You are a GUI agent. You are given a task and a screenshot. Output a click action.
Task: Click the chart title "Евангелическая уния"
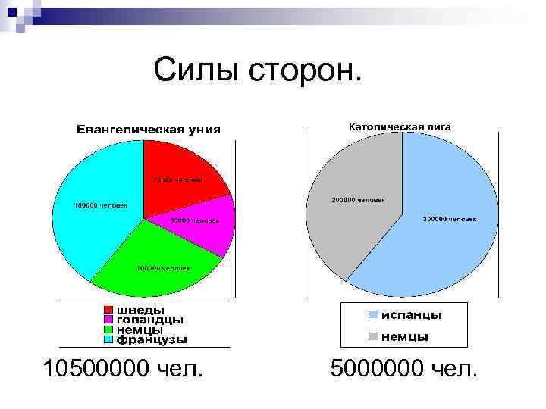148,129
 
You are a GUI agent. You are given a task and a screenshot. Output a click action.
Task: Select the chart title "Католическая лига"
399,126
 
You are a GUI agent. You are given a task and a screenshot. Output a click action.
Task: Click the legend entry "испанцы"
411,314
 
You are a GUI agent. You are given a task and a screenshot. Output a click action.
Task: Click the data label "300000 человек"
450,219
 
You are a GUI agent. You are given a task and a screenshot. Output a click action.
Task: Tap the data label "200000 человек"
357,201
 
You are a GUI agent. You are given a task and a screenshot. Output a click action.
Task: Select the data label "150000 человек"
101,205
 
